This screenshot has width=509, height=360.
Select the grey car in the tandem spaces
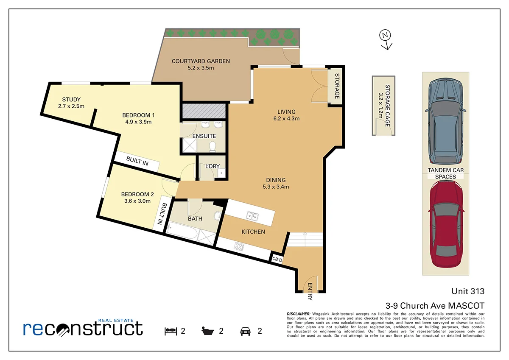(x=445, y=123)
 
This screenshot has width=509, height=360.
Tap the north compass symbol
(x=385, y=36)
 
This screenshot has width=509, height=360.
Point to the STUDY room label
(x=71, y=100)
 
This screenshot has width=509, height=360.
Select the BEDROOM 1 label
(x=138, y=115)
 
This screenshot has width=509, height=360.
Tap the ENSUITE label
(x=204, y=136)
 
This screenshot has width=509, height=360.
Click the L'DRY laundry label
(x=213, y=166)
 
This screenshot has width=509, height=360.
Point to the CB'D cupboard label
(x=277, y=259)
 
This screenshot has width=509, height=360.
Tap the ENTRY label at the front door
(x=310, y=292)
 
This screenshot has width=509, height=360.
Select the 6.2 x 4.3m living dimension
(x=286, y=118)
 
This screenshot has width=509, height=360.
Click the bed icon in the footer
(x=171, y=331)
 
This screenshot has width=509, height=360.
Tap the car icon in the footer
(x=246, y=331)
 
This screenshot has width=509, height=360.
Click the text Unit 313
(x=468, y=291)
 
